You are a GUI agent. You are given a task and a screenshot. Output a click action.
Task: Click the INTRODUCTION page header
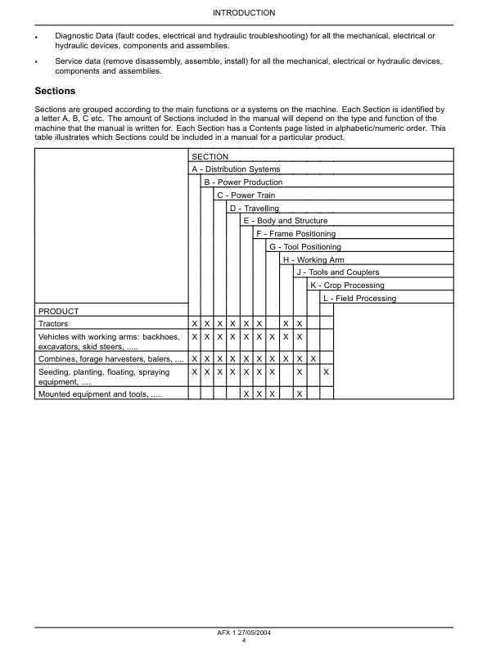[243, 13]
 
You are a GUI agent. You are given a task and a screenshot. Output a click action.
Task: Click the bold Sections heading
[55, 91]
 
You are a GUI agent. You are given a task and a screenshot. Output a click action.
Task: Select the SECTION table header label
[210, 156]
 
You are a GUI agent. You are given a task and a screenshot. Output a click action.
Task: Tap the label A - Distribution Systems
[236, 169]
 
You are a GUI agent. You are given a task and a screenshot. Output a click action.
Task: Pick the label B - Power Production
[243, 182]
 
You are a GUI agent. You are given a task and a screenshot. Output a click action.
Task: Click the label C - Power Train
[246, 196]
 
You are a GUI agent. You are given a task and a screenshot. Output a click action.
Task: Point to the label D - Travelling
[254, 209]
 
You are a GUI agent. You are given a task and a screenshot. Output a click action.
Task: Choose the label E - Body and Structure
[285, 221]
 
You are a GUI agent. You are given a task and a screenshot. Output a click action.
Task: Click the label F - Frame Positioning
[295, 234]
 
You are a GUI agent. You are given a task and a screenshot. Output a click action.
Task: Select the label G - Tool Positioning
[304, 247]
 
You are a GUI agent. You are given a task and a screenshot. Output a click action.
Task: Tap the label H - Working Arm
[313, 259]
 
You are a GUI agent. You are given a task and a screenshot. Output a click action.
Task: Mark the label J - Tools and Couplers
[337, 272]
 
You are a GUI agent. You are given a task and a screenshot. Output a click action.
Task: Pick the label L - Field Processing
[359, 299]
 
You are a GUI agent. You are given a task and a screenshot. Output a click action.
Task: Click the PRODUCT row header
[58, 312]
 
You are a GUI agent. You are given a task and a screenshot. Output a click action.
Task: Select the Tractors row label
[54, 324]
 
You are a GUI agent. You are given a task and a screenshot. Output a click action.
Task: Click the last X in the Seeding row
[327, 372]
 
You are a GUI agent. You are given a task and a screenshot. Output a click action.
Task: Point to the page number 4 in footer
[243, 640]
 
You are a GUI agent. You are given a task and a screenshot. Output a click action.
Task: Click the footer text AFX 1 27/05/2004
[243, 632]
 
